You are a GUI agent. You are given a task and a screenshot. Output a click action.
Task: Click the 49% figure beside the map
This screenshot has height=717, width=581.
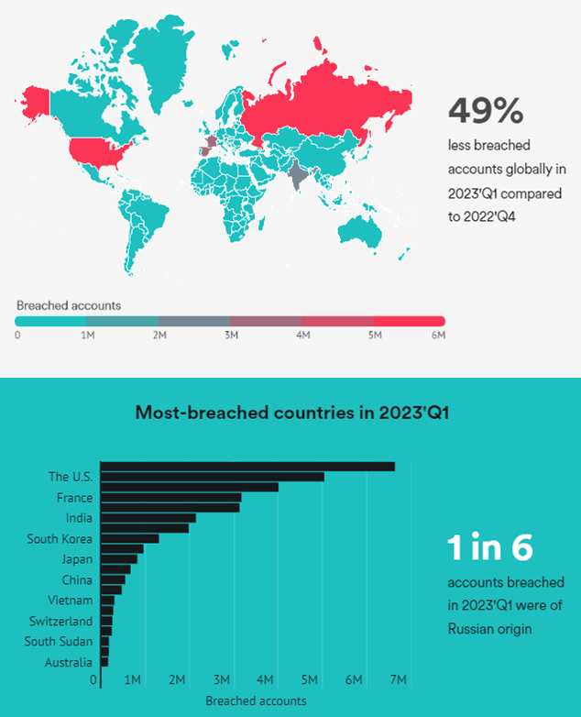point(486,111)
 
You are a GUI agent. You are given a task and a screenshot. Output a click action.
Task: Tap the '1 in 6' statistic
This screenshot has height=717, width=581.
point(489,547)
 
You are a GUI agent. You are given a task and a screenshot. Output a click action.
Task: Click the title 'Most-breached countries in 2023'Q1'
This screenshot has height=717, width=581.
point(290,412)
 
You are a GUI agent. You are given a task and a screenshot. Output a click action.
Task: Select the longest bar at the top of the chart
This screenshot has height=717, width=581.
point(247,467)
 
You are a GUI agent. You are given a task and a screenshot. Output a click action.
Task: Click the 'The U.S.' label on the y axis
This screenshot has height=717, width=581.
point(71,477)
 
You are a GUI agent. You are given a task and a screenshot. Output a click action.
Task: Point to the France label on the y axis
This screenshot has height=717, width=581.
point(74,498)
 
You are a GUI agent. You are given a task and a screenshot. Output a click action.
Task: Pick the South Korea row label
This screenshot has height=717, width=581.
point(60,538)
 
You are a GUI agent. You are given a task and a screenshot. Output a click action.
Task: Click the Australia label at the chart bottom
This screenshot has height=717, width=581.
point(68,663)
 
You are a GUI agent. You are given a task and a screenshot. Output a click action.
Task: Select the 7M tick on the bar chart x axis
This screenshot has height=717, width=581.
point(399,680)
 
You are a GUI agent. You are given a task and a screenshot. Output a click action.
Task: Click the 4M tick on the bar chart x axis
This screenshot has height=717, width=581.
point(266,680)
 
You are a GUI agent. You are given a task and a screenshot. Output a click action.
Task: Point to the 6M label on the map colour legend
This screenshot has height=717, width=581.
point(438,336)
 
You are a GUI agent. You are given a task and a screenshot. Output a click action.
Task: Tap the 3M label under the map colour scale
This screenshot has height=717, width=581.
point(230,336)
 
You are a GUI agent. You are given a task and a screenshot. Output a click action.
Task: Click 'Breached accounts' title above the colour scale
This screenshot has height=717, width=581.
point(69,304)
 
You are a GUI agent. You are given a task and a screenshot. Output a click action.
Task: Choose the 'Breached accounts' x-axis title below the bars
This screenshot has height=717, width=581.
point(256,700)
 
